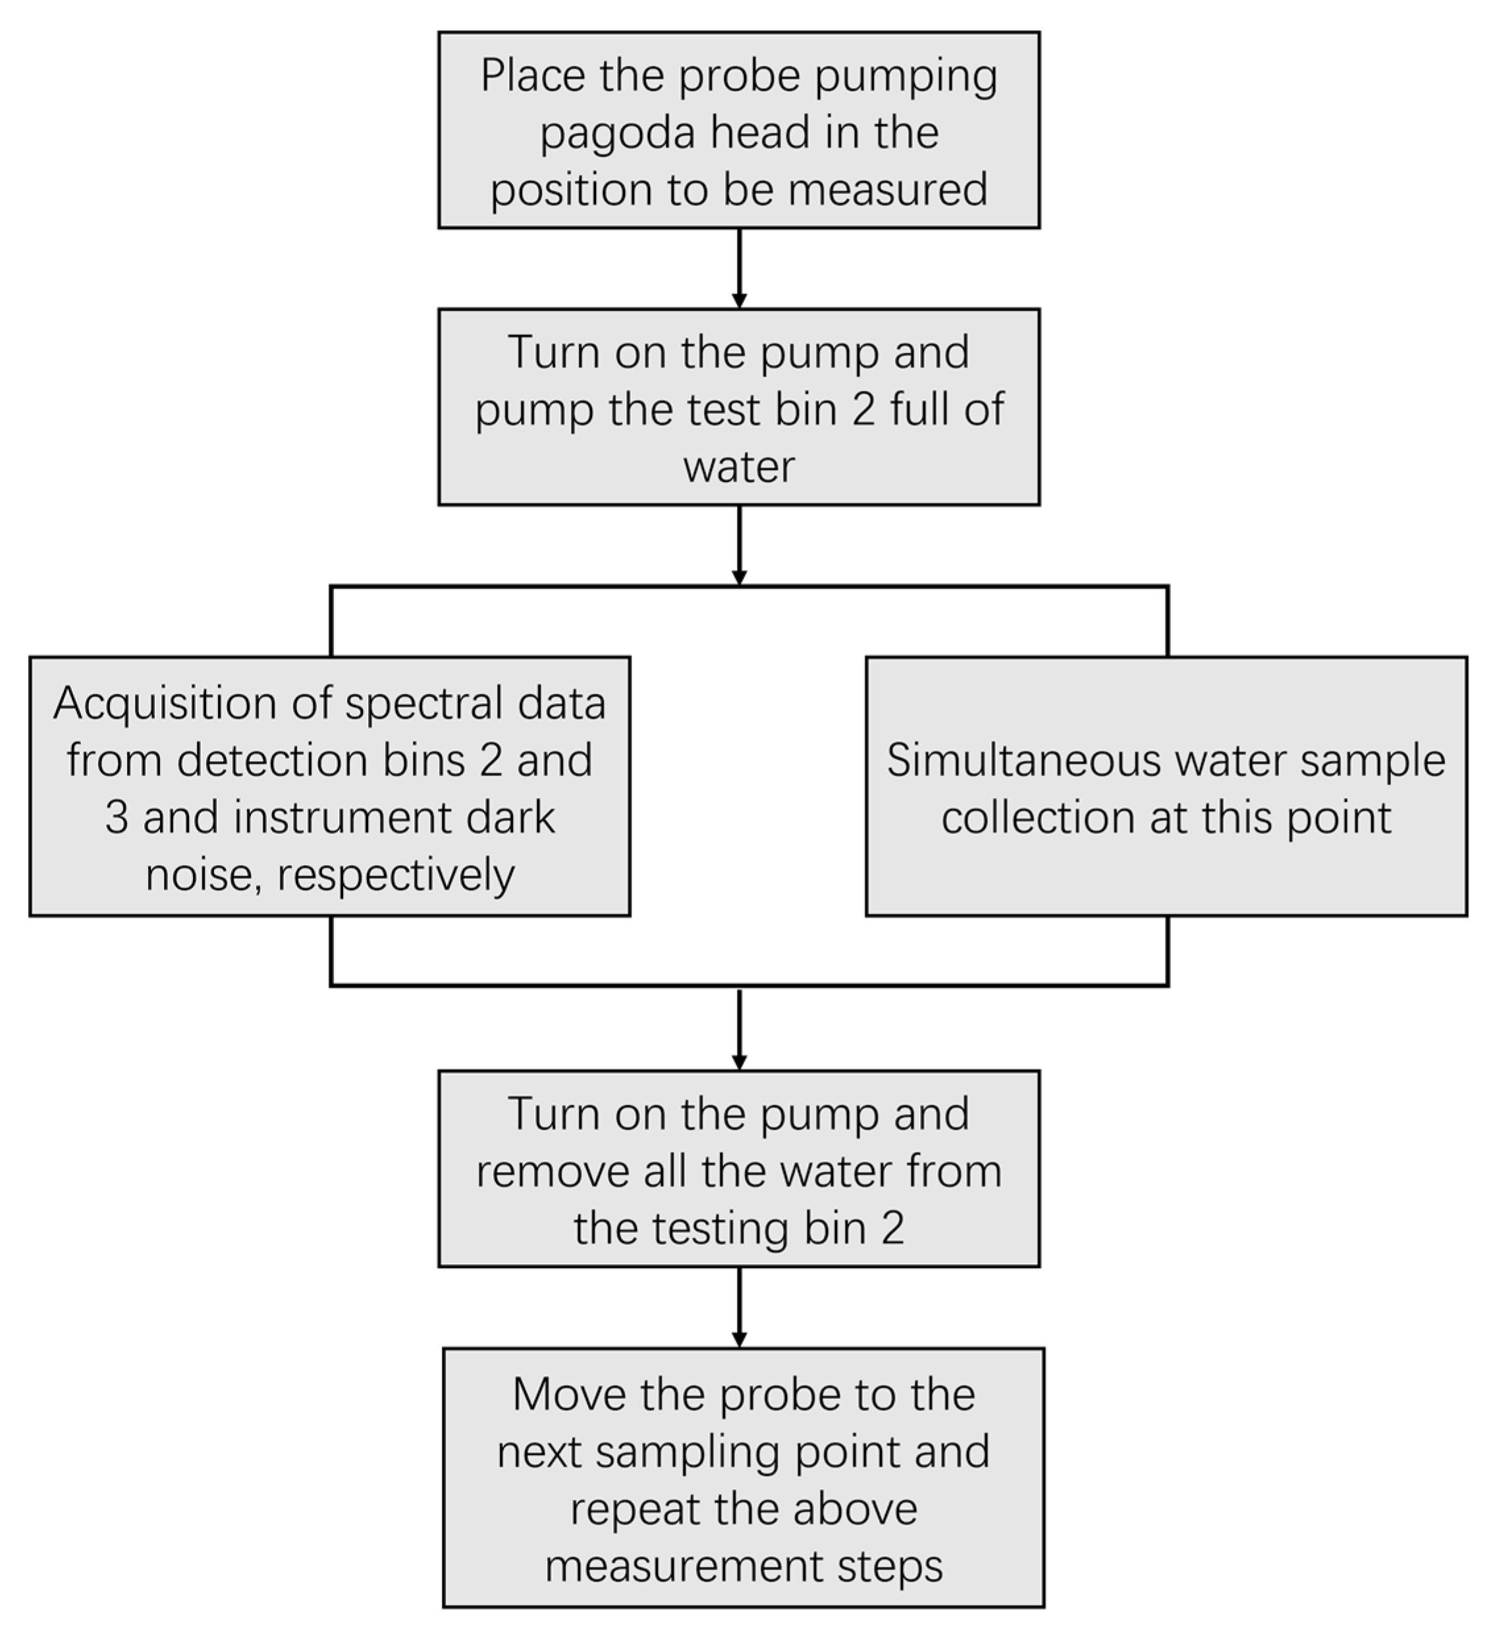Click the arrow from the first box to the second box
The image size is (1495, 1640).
739,268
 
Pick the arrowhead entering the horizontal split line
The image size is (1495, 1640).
739,577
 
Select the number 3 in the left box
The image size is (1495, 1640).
117,818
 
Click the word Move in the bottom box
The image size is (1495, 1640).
569,1395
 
